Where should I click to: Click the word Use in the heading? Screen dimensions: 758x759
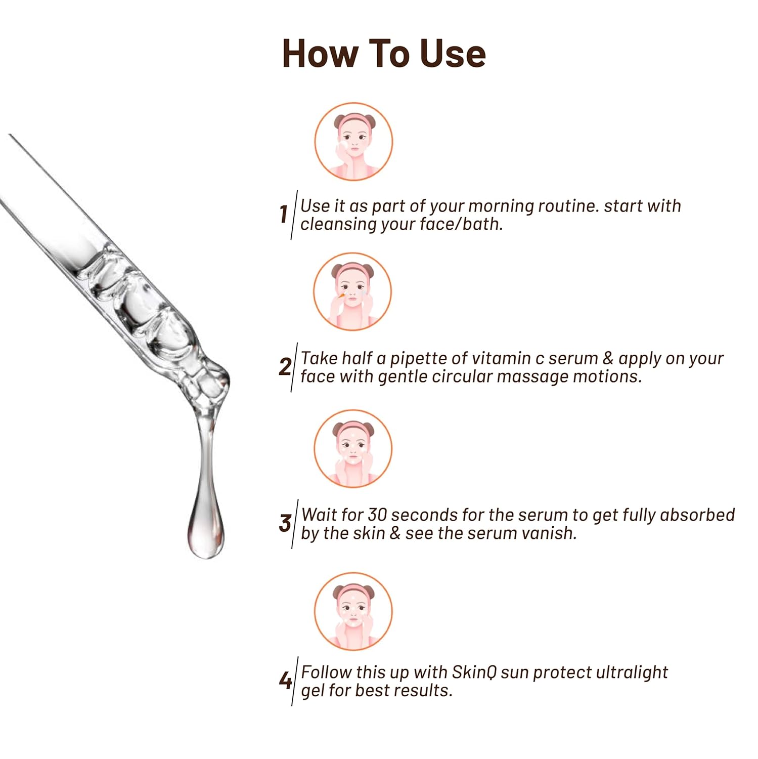[x=453, y=54]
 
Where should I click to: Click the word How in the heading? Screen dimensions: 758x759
[x=320, y=54]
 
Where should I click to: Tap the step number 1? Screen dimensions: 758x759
[x=284, y=214]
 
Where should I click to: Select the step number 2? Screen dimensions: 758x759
[x=285, y=366]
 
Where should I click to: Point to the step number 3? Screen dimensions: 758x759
[x=285, y=523]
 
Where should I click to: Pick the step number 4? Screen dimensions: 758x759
[x=285, y=681]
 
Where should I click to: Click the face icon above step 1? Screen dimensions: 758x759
[x=353, y=142]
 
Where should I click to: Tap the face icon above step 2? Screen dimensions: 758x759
[x=352, y=292]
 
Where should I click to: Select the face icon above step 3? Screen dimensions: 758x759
[x=353, y=449]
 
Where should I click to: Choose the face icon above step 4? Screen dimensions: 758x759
[x=353, y=611]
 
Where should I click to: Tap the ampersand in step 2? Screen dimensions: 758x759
[x=608, y=358]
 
